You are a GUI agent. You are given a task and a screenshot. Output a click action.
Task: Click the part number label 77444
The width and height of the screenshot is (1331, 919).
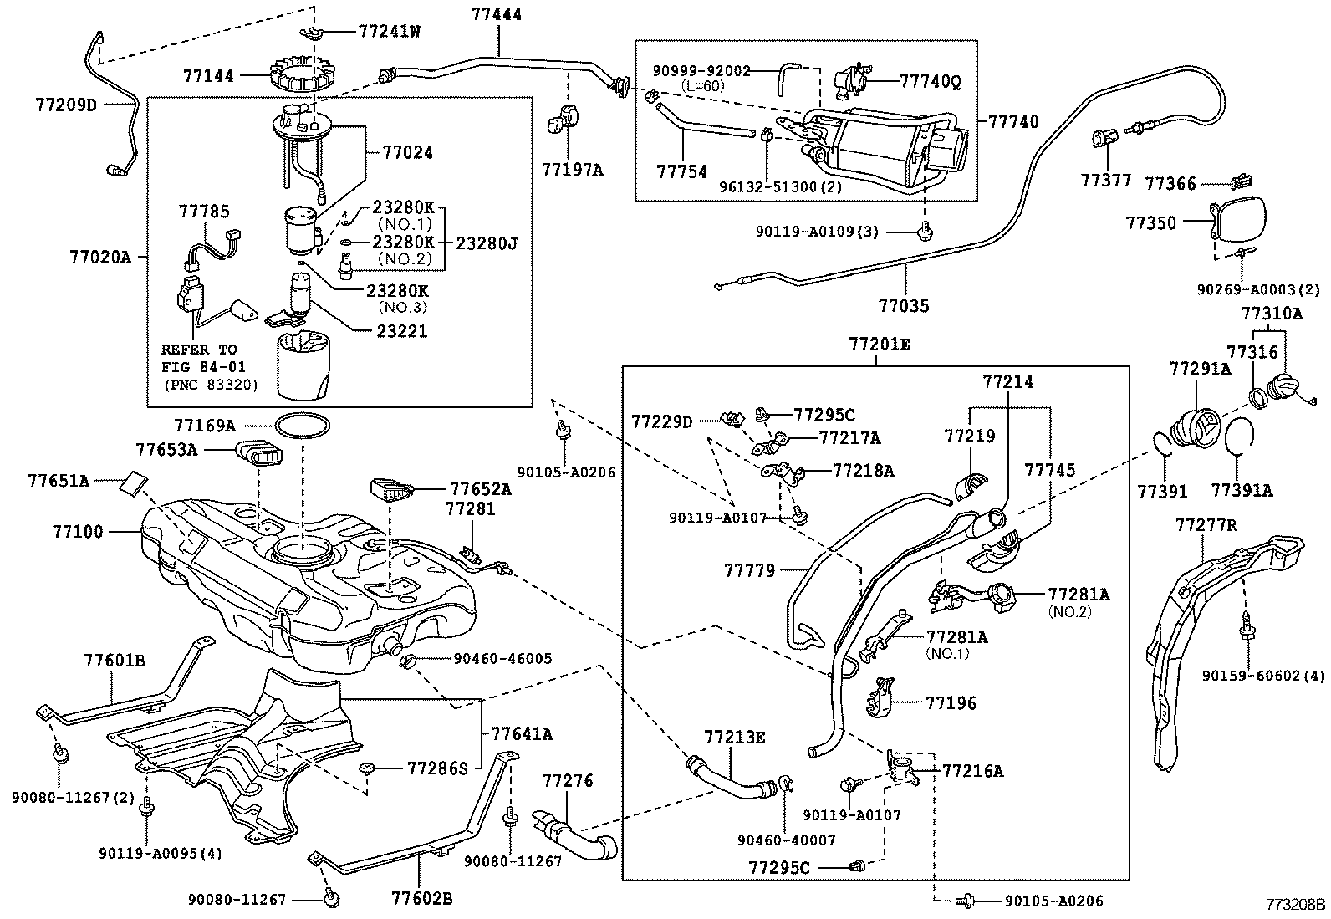[497, 13]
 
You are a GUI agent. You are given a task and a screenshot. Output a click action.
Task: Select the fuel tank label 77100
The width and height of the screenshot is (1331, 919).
[78, 531]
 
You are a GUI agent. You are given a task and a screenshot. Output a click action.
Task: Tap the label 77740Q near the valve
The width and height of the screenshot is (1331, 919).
[930, 81]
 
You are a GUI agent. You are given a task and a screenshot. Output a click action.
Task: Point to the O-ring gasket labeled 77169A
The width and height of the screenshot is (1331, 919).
[303, 425]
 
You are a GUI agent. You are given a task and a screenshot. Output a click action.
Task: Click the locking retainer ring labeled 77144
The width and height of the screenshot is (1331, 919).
[301, 74]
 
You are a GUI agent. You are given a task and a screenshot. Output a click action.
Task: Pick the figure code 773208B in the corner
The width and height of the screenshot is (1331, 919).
[1295, 904]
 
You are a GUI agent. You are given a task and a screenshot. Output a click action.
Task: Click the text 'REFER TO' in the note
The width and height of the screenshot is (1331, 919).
[198, 350]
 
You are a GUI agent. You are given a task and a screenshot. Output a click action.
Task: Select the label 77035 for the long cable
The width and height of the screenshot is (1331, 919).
[904, 305]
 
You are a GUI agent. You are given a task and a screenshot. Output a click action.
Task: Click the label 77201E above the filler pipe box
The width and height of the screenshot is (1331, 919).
[880, 345]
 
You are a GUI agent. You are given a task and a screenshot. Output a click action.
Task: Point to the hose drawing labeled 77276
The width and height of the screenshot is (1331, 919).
[574, 834]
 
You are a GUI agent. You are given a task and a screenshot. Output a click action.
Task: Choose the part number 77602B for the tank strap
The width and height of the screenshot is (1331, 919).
[422, 898]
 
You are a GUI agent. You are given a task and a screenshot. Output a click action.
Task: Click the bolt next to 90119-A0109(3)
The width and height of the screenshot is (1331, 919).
[925, 231]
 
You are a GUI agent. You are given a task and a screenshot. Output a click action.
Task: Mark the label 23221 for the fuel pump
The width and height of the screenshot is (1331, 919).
[401, 330]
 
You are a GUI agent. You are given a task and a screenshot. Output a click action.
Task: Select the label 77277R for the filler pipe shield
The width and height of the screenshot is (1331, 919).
[1206, 525]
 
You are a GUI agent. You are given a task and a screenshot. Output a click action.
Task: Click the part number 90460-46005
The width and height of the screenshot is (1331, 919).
[502, 658]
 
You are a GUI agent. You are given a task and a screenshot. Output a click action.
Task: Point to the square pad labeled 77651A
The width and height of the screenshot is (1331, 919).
[134, 482]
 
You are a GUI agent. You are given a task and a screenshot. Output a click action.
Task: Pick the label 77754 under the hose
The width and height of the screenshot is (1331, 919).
[681, 171]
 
